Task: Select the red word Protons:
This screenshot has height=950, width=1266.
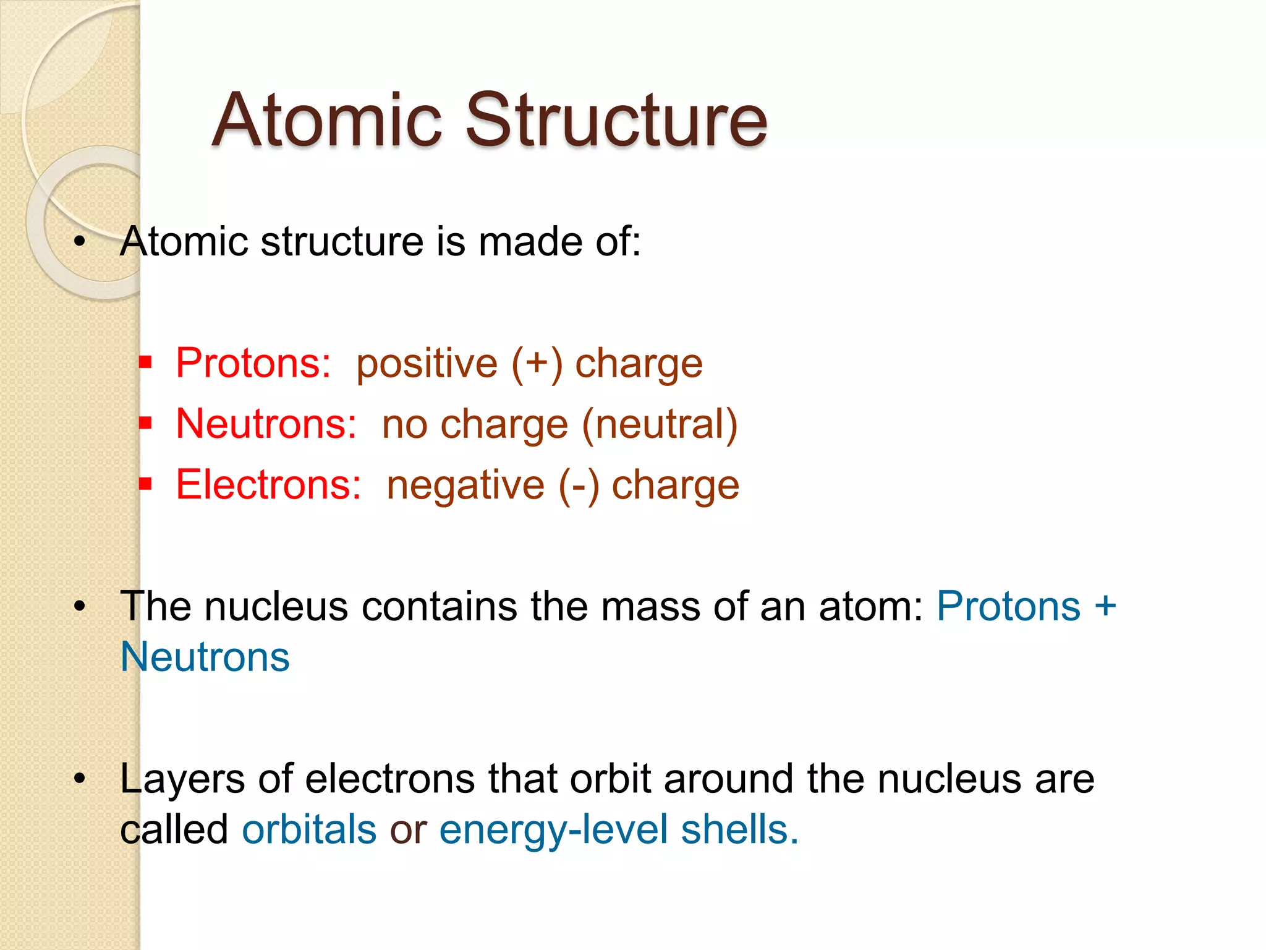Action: click(x=253, y=363)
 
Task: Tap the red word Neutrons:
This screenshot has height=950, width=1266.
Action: click(x=266, y=424)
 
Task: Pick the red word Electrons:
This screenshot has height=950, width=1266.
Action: click(x=268, y=485)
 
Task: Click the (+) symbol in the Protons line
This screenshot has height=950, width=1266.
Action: click(x=537, y=364)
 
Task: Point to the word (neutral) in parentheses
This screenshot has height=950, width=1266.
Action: click(x=660, y=425)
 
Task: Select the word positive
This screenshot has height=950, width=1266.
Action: click(x=427, y=364)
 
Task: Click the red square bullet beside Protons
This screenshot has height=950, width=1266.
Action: click(x=145, y=361)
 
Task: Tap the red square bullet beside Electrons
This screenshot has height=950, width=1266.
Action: click(x=145, y=483)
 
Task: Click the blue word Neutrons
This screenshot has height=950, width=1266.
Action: click(x=205, y=657)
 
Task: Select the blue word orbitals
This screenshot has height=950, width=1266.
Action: click(x=309, y=829)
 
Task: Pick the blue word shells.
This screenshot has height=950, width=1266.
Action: click(x=739, y=829)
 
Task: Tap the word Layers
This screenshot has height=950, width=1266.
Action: click(x=182, y=779)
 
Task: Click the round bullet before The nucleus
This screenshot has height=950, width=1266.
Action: click(x=79, y=607)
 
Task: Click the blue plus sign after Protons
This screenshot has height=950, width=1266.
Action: click(x=1105, y=606)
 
